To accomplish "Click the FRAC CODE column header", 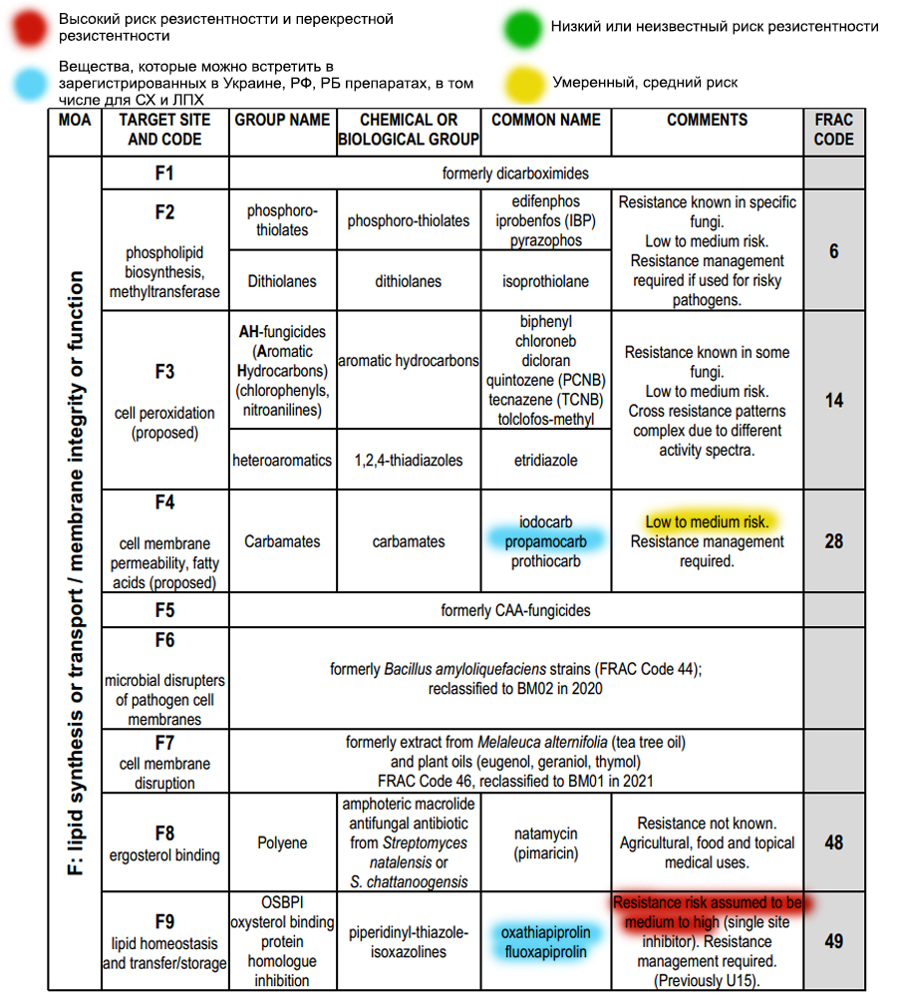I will (833, 130).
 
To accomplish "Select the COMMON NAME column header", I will (546, 120).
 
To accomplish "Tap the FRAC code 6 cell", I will (833, 251).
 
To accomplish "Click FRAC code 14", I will (833, 401).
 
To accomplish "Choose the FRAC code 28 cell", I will (833, 541).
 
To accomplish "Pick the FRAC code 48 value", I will (833, 842).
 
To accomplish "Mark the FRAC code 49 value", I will (833, 941).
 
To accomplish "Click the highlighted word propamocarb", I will (546, 541).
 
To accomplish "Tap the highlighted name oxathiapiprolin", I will (546, 932).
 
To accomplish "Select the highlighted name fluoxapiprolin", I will (546, 952).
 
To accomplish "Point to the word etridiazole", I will (546, 461).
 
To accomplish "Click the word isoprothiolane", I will (546, 281).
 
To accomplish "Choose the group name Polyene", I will (282, 842).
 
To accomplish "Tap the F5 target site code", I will (164, 609).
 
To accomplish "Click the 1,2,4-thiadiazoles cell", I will (408, 461).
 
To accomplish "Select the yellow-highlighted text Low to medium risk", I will (707, 521).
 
